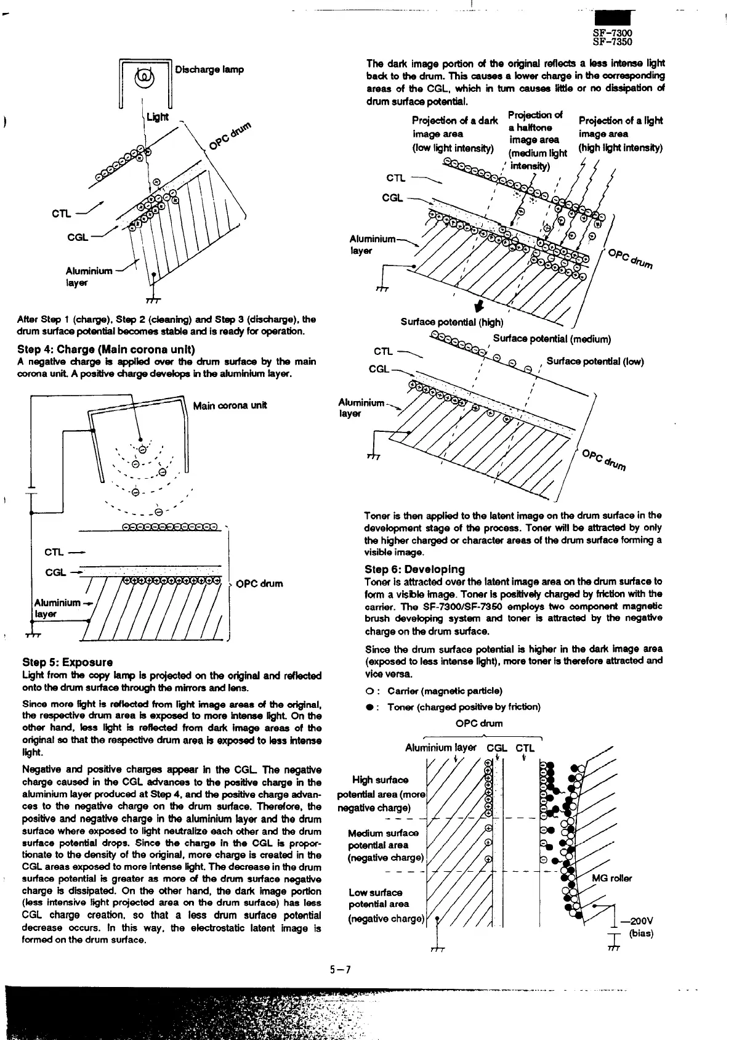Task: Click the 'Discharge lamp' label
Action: (209, 69)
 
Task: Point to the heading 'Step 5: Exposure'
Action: (67, 662)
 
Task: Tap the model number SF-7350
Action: (612, 43)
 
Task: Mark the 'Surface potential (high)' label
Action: (451, 322)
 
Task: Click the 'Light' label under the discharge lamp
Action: (157, 117)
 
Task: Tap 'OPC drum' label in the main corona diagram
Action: (259, 583)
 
